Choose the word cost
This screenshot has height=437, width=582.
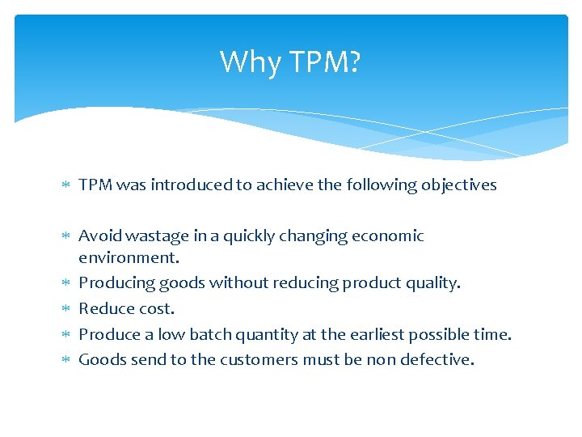(x=157, y=309)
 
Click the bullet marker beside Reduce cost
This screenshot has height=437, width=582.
(x=67, y=309)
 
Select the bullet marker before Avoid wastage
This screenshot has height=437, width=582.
(x=67, y=236)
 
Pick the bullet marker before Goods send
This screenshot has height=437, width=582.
(x=67, y=359)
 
